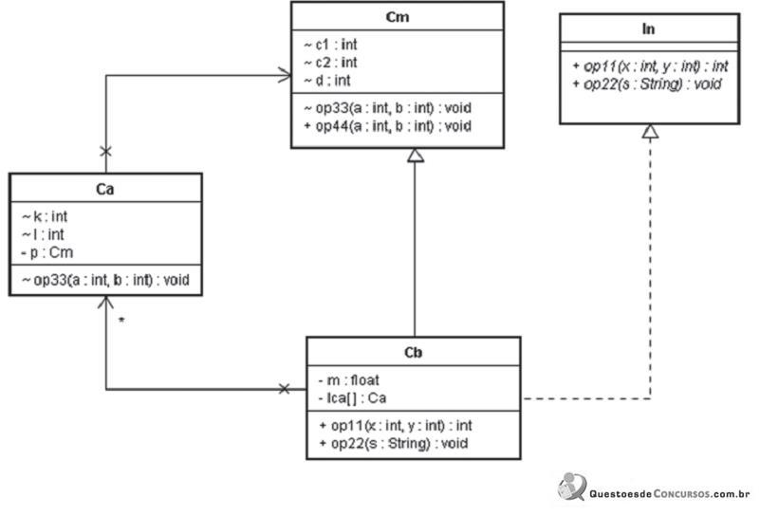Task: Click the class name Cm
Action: tap(397, 17)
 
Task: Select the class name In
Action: tap(649, 29)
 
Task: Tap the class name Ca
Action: tap(105, 189)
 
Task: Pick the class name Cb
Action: tap(413, 352)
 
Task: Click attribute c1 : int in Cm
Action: tap(330, 45)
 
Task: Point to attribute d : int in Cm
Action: tap(327, 81)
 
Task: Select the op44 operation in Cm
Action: tap(388, 126)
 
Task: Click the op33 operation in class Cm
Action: tap(388, 108)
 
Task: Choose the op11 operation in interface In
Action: tap(651, 65)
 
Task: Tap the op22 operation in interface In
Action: tap(647, 84)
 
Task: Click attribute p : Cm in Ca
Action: tap(47, 252)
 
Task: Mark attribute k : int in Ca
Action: tap(44, 216)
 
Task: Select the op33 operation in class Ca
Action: tap(105, 280)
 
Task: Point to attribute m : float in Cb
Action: tap(348, 380)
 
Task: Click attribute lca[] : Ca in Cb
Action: tap(352, 398)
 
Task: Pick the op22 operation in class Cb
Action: tap(394, 443)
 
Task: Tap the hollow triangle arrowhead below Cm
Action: tap(416, 155)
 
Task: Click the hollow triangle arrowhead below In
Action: tap(651, 131)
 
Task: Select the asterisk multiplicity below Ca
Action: tap(121, 321)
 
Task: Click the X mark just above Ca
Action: tap(105, 152)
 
